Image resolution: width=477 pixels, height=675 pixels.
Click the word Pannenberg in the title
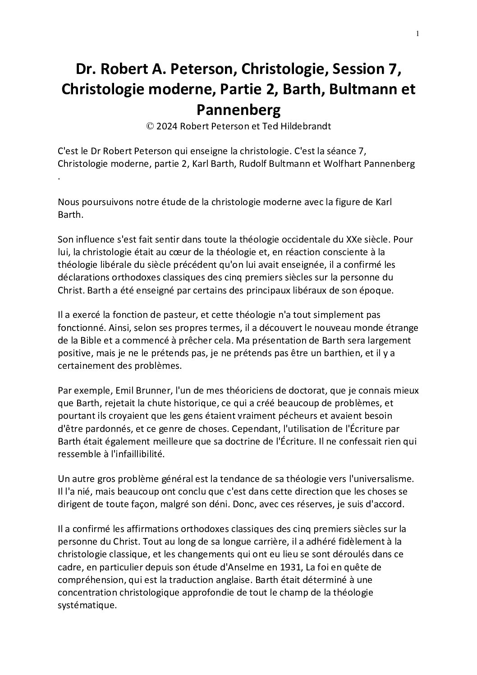238,109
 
